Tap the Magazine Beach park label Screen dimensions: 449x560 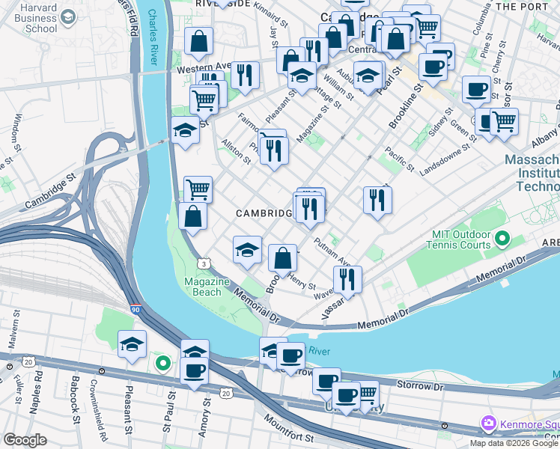[x=207, y=287]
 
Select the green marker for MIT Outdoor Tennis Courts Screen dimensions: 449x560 [x=502, y=239]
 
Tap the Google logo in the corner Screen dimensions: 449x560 [x=25, y=440]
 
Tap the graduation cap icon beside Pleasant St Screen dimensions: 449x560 [x=132, y=344]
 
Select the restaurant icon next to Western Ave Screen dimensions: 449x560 [x=245, y=74]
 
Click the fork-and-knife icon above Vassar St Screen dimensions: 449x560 [x=347, y=279]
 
